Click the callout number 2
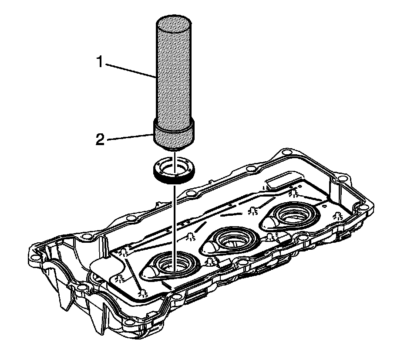100,140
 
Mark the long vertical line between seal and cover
174,218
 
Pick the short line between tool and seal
174,155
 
